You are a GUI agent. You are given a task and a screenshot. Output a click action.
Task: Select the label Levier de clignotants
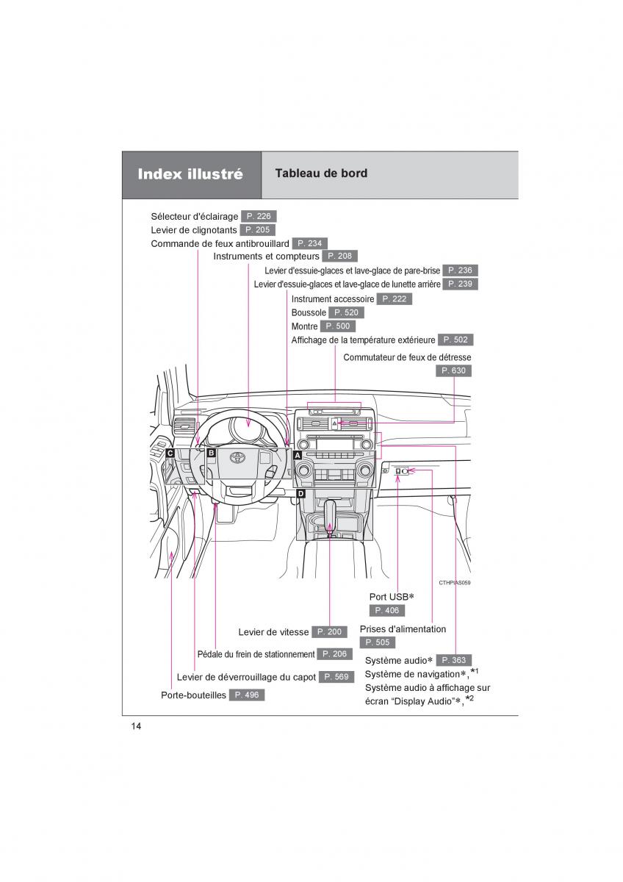pos(195,230)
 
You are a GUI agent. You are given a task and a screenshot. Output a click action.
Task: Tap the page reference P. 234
pos(309,243)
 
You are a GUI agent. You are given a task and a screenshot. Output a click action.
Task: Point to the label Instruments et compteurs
pos(266,257)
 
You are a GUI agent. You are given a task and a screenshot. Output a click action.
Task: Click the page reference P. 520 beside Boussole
pos(347,312)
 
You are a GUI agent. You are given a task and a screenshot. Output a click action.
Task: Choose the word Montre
pos(304,326)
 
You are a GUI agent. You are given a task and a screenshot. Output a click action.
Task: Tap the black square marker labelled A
pos(298,455)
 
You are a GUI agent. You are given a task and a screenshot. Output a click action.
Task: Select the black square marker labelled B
pos(211,453)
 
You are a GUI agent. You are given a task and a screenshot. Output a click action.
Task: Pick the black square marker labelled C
pos(170,453)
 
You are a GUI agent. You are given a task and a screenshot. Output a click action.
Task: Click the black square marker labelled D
pos(300,494)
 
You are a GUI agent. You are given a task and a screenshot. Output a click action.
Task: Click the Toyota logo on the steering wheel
pos(237,459)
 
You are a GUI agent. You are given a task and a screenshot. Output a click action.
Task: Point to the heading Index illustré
pos(190,175)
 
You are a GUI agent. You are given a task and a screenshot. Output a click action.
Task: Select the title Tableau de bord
pos(321,173)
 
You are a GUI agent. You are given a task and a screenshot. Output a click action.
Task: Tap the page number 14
pos(136,726)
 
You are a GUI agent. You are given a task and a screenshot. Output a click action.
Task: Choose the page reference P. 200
pos(329,632)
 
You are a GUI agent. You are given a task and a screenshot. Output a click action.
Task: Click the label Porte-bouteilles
pos(193,695)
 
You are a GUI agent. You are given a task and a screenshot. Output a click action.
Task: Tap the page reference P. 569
pos(336,677)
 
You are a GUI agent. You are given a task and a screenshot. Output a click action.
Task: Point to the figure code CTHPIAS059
pos(454,582)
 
